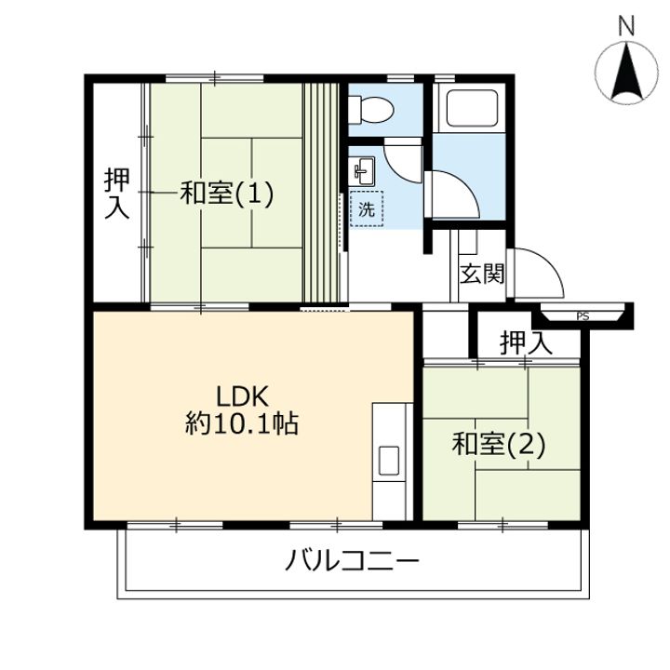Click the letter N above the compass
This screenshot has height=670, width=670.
tap(626, 25)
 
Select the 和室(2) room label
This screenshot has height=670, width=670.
tap(498, 445)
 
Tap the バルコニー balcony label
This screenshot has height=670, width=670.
tap(354, 562)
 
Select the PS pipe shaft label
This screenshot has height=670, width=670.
tap(583, 316)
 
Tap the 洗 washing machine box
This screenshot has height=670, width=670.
tap(367, 210)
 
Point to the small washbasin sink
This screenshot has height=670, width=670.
tap(362, 170)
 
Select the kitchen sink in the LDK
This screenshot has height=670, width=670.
tap(388, 461)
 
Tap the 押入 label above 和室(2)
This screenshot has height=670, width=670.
tap(526, 342)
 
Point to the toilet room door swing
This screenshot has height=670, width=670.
tap(402, 160)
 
